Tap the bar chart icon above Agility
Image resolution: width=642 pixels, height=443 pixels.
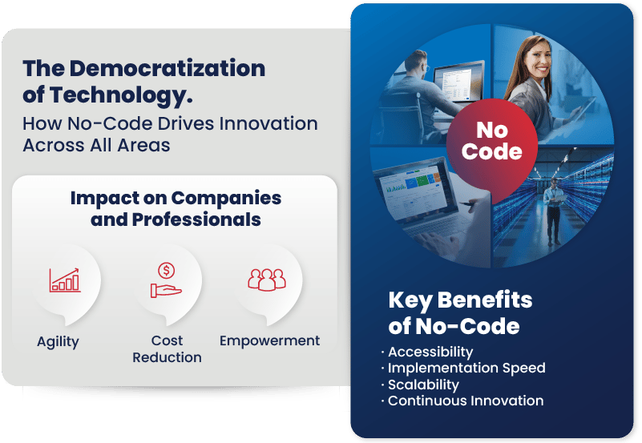pos(65,279)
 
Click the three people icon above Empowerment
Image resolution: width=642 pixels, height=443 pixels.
pos(267,278)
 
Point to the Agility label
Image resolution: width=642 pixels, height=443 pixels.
pos(58,341)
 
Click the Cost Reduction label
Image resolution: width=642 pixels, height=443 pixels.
pos(168,348)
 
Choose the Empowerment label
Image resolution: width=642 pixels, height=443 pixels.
pos(269,340)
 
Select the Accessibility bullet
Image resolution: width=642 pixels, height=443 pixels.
pos(430,352)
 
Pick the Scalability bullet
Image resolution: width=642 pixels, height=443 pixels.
pos(423,385)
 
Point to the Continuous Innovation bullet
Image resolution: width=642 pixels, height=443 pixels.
pos(466,401)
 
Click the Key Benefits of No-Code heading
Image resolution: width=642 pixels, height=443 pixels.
pos(460,313)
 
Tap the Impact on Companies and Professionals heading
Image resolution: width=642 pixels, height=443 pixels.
pos(176,208)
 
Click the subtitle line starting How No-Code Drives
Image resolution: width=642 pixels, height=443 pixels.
pos(170,123)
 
